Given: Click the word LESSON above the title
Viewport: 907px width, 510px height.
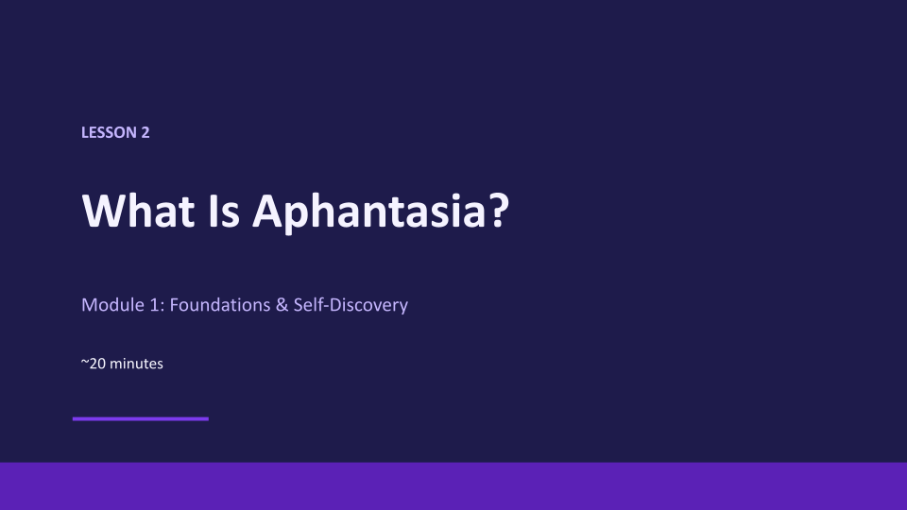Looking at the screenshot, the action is [110, 132].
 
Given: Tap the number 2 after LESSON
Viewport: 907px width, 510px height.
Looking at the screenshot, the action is [145, 132].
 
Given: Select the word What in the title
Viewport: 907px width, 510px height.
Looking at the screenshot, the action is [138, 211].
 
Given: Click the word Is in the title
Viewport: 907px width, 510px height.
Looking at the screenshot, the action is [223, 211].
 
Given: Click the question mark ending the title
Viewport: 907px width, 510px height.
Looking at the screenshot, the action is [499, 211].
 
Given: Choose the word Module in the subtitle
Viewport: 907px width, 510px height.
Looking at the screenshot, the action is [112, 305].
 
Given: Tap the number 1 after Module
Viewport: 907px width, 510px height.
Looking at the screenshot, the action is [154, 305].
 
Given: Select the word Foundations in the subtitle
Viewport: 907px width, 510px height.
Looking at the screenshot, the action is [220, 305].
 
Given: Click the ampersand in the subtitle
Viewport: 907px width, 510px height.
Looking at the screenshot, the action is [282, 305].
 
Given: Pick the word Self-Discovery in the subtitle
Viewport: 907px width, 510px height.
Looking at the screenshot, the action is [351, 306].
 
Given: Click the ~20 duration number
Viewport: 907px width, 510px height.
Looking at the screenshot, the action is [94, 364].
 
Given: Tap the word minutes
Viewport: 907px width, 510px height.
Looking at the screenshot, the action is [136, 364].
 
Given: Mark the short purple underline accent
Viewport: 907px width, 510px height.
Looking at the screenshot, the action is [141, 418].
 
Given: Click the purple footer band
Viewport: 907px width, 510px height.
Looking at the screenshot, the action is [453, 486].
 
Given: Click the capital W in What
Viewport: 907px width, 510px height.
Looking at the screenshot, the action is [105, 211].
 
